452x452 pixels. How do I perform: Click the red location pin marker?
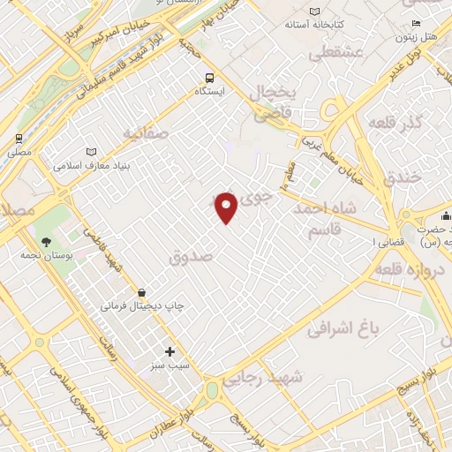click(x=227, y=207)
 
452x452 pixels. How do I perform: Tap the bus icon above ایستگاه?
click(x=209, y=78)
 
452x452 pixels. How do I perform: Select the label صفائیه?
click(x=145, y=134)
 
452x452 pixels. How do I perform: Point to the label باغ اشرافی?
click(x=343, y=329)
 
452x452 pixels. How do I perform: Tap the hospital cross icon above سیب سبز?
click(x=170, y=351)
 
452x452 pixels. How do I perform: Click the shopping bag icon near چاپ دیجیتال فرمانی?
click(x=141, y=292)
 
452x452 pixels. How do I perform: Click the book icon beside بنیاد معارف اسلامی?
click(x=93, y=152)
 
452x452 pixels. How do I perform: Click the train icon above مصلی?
click(x=19, y=139)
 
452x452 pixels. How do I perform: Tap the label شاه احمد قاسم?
click(x=329, y=220)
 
